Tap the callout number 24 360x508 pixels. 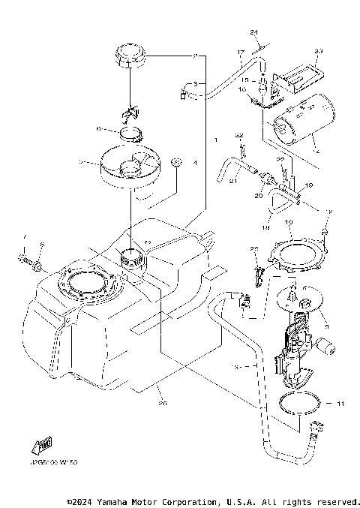pyautogui.click(x=254, y=32)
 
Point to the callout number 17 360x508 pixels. pyautogui.click(x=241, y=52)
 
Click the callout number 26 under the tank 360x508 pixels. pyautogui.click(x=162, y=403)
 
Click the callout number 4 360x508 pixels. pyautogui.click(x=193, y=162)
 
